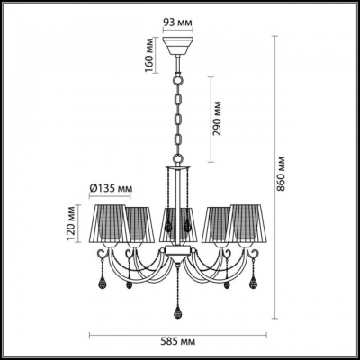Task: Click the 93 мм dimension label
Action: [x=177, y=21]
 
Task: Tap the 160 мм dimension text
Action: [x=150, y=57]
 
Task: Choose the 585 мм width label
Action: [x=176, y=343]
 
